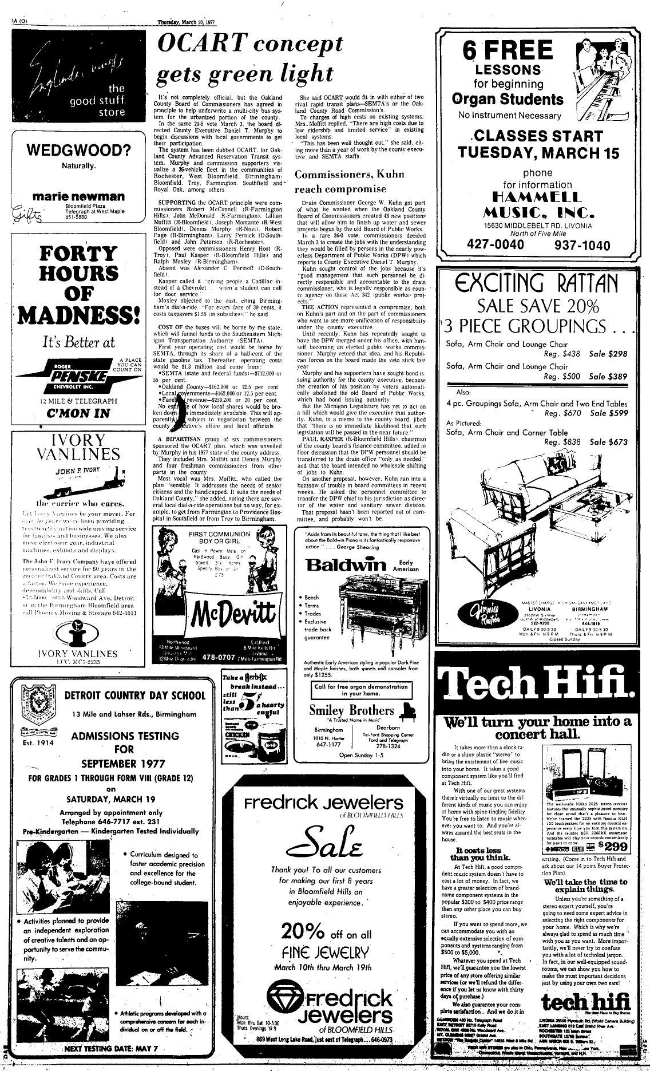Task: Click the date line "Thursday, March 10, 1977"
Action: click(191, 7)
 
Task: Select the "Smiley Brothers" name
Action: click(351, 710)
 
